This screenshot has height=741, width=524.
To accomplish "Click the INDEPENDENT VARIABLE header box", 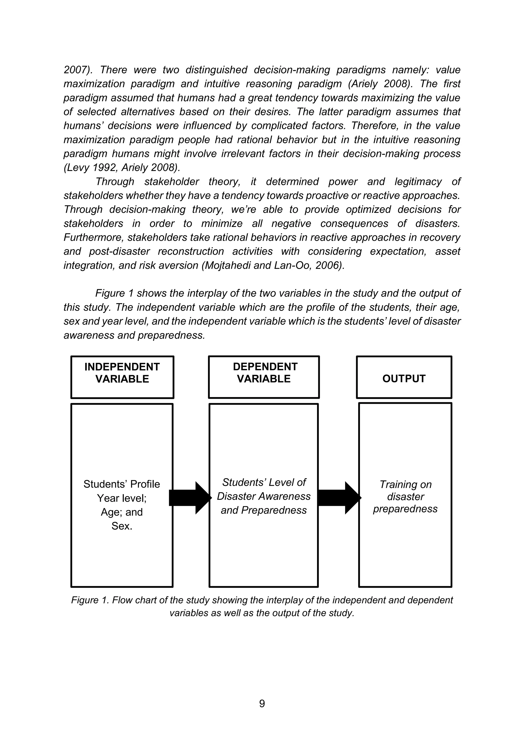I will (122, 377).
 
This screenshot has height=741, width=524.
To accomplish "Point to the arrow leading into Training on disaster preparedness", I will (339, 497).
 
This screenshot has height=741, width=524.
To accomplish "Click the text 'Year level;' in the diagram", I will (122, 498).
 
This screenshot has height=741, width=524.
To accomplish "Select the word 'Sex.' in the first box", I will (122, 526).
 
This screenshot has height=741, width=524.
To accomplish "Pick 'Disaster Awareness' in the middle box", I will (264, 496).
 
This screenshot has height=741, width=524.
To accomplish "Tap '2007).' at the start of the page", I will (78, 70).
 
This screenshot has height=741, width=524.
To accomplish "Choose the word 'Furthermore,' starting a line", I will (94, 237).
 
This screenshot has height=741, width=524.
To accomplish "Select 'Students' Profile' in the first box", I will (122, 484).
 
